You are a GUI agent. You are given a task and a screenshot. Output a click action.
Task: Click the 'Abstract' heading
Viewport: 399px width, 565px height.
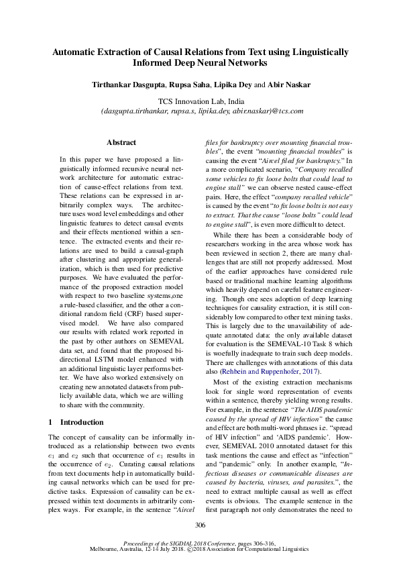[x=121, y=142]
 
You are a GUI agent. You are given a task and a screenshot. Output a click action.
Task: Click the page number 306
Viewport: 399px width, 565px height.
[x=200, y=525]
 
